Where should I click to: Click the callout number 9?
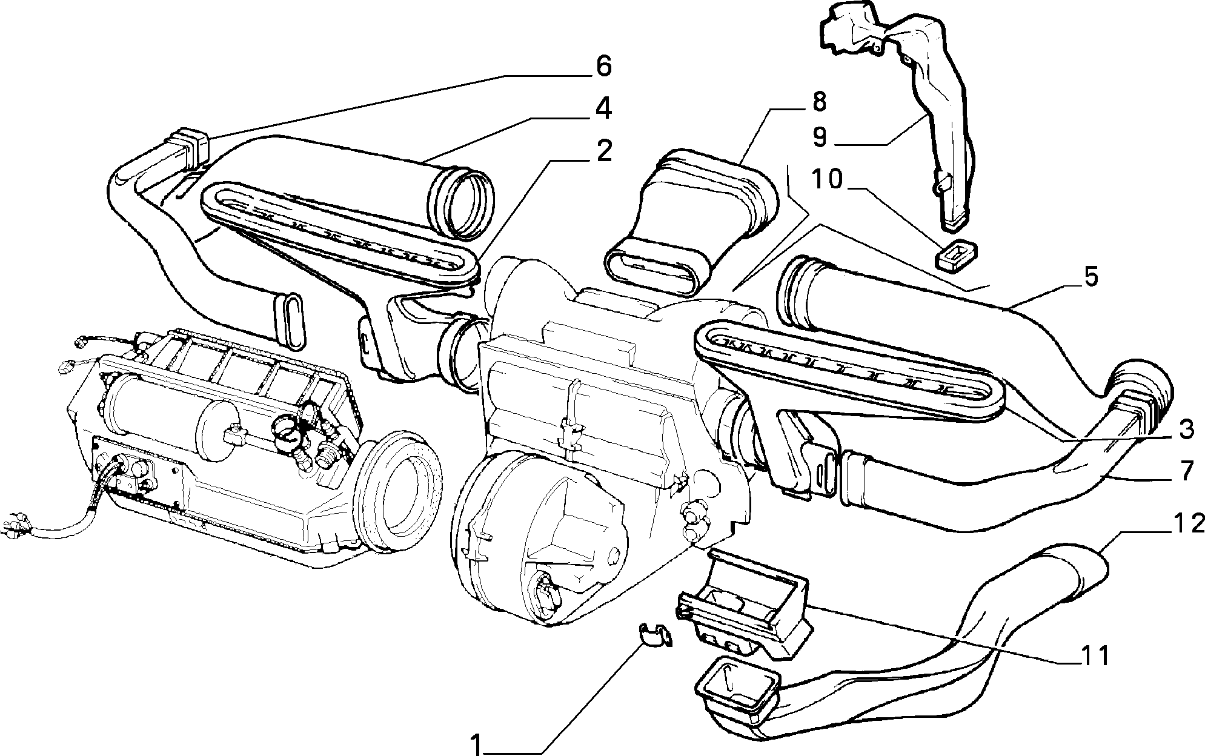point(818,138)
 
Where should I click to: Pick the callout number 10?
point(828,180)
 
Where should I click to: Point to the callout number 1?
point(477,744)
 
